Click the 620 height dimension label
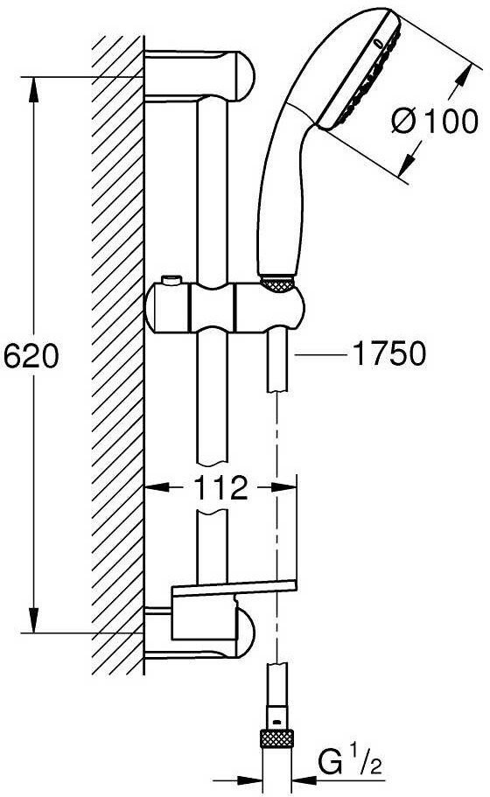31,355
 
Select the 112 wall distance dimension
220,487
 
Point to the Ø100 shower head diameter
435,121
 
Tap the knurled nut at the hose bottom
277,738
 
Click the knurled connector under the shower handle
277,283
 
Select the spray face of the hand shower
360,71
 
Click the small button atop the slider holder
171,280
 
